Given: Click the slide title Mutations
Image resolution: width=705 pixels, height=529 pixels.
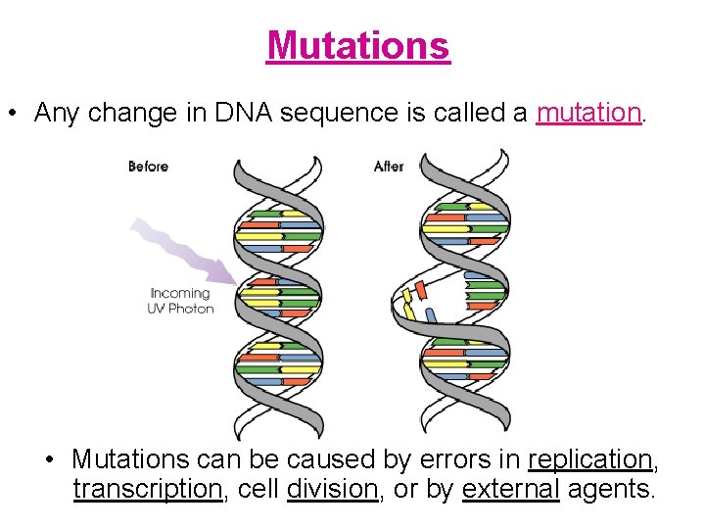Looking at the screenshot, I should (357, 45).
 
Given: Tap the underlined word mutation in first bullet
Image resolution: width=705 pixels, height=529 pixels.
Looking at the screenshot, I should (588, 113).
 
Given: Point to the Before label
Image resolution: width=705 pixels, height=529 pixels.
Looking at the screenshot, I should (148, 167).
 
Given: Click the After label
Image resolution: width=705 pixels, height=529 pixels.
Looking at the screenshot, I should (389, 167).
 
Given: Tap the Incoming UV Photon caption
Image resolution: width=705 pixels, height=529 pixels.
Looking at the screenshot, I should (180, 301).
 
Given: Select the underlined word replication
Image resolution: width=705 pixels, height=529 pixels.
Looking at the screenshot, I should (589, 459).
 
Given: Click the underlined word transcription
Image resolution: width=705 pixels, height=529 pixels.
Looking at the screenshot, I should (148, 489).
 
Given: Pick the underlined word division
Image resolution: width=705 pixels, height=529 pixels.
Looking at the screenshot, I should (332, 489).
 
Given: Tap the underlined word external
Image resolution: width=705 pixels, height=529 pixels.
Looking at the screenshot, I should (510, 489).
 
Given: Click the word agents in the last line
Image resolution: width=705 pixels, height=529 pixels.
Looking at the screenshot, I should (609, 489).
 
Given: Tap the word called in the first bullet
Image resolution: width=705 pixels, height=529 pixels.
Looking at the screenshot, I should (476, 113).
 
